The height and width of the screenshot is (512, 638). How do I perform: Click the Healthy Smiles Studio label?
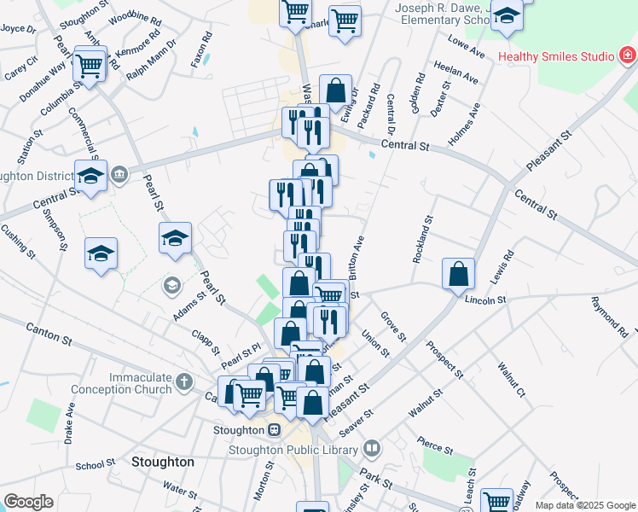click(555, 57)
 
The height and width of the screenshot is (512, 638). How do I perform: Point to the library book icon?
click(372, 448)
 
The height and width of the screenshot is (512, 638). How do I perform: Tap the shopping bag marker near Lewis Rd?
click(459, 274)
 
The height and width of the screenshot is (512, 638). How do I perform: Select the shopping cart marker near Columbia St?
click(90, 65)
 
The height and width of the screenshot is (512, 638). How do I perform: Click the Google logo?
click(28, 502)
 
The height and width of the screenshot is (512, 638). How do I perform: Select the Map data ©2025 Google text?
click(584, 504)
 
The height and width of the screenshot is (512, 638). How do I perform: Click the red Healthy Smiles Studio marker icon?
click(627, 57)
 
